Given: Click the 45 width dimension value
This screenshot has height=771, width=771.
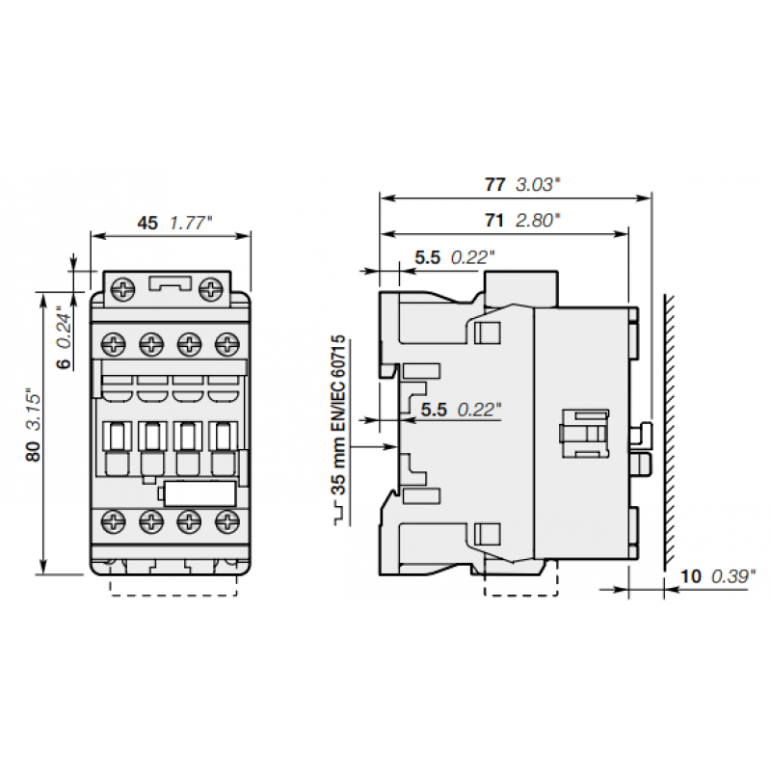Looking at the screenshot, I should pyautogui.click(x=146, y=222).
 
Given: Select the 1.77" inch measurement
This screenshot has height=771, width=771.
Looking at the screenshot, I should pyautogui.click(x=191, y=222).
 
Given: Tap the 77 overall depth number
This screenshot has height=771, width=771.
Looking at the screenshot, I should pyautogui.click(x=495, y=184).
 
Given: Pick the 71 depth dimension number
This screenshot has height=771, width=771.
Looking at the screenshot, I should pyautogui.click(x=493, y=220).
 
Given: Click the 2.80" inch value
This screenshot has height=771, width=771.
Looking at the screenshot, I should pyautogui.click(x=538, y=220).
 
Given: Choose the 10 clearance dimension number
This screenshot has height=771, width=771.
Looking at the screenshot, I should pyautogui.click(x=690, y=576).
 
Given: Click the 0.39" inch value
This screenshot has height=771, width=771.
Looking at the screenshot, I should pyautogui.click(x=733, y=576).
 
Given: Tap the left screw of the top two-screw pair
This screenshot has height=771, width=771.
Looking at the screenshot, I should pyautogui.click(x=122, y=287).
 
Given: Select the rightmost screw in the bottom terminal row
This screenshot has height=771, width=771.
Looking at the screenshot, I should pyautogui.click(x=227, y=521).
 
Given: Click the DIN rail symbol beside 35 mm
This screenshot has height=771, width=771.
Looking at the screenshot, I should pyautogui.click(x=338, y=516).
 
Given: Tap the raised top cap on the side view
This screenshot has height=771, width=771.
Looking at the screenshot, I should pyautogui.click(x=522, y=287).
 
